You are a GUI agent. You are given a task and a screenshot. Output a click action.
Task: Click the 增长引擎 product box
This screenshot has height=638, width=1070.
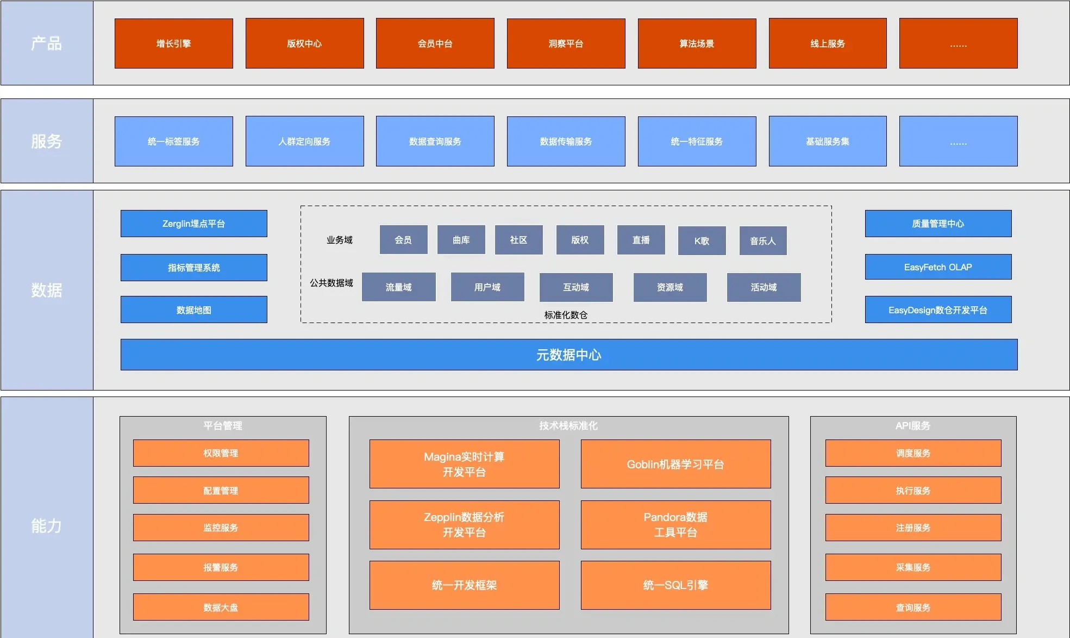pos(174,44)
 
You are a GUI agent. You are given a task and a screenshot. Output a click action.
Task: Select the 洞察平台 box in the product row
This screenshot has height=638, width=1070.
pos(566,44)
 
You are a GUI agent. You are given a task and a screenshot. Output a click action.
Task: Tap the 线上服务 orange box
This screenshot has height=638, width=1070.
pos(828,44)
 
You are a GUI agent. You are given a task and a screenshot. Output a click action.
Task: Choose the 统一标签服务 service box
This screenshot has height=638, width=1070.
pos(174,141)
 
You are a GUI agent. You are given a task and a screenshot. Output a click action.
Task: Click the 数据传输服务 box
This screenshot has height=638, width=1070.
pos(566,141)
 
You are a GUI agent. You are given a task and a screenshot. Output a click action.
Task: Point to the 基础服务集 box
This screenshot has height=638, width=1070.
pos(828,141)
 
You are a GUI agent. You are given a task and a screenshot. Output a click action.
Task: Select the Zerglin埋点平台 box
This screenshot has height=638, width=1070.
pos(193,224)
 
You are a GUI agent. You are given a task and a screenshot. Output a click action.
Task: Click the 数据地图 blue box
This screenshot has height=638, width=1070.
pos(193,309)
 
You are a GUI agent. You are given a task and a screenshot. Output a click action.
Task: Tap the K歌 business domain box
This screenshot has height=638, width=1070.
pos(702,240)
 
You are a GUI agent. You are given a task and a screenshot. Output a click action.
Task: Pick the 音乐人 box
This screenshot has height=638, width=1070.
pos(763,240)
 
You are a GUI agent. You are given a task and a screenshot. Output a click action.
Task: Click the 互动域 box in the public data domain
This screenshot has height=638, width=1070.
pos(576,287)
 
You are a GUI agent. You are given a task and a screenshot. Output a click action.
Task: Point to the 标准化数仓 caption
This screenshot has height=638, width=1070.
pos(566,315)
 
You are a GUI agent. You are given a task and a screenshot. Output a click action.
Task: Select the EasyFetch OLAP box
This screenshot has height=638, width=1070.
pos(938,267)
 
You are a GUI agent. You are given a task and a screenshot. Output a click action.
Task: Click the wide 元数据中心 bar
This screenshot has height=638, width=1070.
pos(569,355)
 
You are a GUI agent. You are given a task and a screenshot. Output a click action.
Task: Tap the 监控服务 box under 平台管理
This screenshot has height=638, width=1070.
pos(221,528)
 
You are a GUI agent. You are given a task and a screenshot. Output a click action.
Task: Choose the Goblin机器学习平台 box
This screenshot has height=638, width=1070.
pos(675,464)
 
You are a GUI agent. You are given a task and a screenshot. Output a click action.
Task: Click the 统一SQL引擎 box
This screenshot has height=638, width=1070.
pos(675,585)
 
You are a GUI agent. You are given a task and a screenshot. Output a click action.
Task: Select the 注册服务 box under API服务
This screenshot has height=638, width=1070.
pos(913,528)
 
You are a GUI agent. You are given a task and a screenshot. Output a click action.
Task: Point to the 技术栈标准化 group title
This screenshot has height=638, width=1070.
pos(568,425)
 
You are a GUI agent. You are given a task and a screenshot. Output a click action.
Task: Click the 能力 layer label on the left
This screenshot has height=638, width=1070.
pos(47,525)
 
